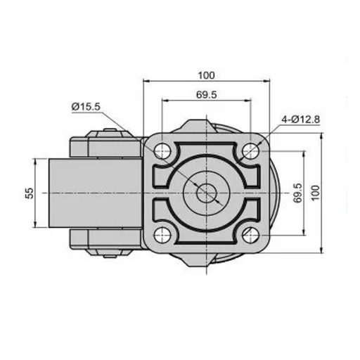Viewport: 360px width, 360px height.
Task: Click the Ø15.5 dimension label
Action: tap(86, 107)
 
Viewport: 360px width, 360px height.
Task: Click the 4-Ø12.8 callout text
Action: tap(301, 120)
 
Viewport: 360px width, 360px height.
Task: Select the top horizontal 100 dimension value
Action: tap(206, 76)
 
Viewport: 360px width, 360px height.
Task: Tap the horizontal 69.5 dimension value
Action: tap(206, 95)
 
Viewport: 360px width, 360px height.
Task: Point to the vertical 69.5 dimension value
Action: tap(297, 193)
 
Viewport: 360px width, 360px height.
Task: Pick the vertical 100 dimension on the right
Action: tap(316, 193)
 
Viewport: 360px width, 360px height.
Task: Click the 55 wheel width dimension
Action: tap(30, 193)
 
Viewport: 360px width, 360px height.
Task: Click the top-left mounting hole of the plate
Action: tap(162, 150)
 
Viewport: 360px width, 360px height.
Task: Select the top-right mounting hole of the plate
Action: tap(250, 150)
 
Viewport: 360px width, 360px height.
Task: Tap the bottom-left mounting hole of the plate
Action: tap(162, 235)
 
